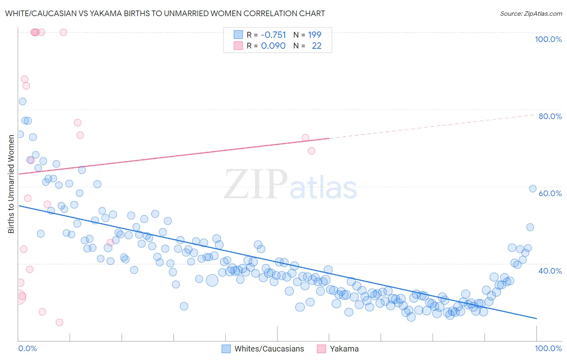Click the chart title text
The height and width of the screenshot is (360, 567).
[165, 13]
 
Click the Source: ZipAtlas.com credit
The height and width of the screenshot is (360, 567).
[531, 13]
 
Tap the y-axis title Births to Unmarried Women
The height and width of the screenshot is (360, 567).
[11, 184]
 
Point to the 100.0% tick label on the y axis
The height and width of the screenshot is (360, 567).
[548, 39]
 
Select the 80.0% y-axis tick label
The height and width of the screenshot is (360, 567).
[550, 116]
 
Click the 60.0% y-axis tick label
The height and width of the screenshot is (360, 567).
[550, 193]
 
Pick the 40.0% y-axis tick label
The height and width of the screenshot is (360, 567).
[550, 271]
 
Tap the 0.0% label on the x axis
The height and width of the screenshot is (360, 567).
[27, 348]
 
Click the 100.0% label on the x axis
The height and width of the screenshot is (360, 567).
[548, 348]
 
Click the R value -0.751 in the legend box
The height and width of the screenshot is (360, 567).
[273, 35]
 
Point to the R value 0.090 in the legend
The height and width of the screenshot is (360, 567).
[273, 46]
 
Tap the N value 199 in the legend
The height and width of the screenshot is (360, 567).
[315, 35]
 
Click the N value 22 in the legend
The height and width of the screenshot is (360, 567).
[317, 46]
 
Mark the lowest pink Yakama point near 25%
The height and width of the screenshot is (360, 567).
[59, 322]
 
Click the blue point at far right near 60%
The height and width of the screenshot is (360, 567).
[533, 188]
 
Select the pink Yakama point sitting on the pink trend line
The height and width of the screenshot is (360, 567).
[305, 138]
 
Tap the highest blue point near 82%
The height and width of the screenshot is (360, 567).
[23, 101]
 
